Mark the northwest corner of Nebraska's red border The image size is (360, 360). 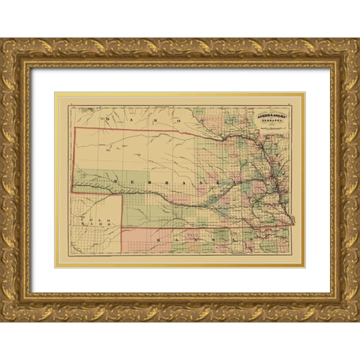pyautogui.click(x=73, y=127)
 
